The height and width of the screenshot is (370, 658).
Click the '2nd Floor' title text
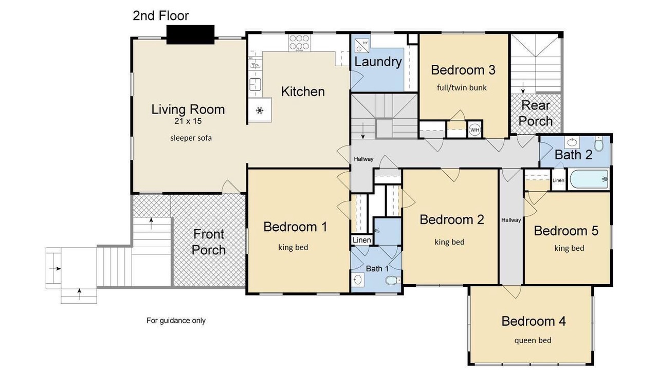pos(161,15)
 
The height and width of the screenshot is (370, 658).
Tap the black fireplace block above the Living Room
pos(190,34)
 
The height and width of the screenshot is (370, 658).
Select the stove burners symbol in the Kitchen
pos(299,43)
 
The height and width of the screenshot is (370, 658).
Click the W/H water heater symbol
pos(474,130)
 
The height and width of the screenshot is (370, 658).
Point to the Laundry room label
pos(378,62)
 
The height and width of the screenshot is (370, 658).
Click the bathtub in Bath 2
pos(589,179)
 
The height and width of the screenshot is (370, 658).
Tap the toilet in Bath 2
pos(599,143)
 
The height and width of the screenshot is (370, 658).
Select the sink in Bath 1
pos(357,280)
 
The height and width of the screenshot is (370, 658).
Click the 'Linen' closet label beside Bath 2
pos(558,180)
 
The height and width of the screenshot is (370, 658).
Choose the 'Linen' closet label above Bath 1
pos(361,240)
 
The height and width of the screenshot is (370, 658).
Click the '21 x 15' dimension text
pos(188,121)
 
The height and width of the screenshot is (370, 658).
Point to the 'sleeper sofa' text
pos(191,138)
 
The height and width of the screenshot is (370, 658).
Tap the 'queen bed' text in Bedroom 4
pos(533,341)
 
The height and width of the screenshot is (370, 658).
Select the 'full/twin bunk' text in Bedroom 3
pos(462,88)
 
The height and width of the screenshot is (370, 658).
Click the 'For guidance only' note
pos(176,320)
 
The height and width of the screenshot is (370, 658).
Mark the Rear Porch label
pos(536,113)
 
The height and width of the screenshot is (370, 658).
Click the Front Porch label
pos(209,242)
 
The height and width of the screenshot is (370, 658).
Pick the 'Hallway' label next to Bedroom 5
pos(511,220)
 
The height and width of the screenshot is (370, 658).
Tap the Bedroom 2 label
pos(452,219)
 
